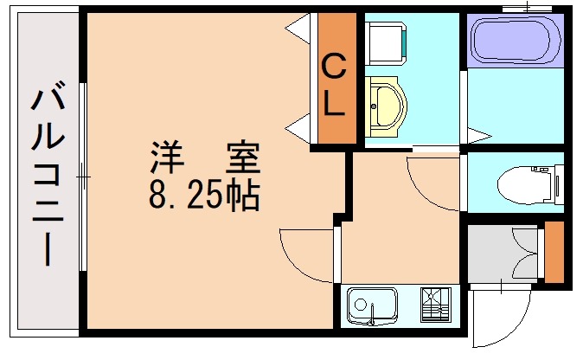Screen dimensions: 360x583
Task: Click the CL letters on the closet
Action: [334, 84]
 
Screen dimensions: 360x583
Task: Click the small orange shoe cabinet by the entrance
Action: [554, 252]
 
